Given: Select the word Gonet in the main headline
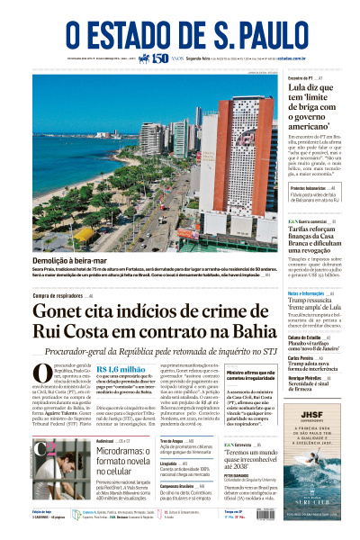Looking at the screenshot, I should click(x=64, y=312).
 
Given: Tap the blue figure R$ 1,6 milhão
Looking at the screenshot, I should click(x=121, y=368).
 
